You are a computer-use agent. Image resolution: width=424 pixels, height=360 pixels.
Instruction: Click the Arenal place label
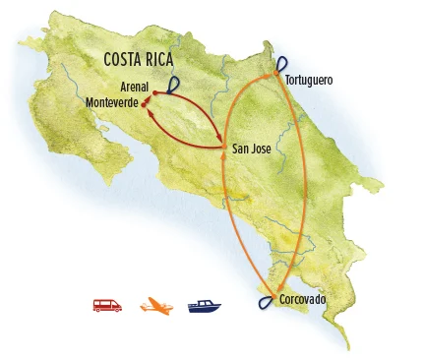(x=134, y=87)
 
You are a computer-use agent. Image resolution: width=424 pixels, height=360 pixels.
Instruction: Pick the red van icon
(x=106, y=306)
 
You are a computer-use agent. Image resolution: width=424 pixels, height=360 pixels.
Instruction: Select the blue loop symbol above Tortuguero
(x=281, y=62)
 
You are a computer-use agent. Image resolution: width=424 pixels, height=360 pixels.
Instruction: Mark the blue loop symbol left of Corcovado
(x=266, y=302)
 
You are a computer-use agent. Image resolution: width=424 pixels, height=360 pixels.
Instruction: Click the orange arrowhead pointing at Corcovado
(x=277, y=287)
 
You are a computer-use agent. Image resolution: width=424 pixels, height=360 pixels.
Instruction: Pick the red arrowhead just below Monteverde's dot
(x=149, y=110)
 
